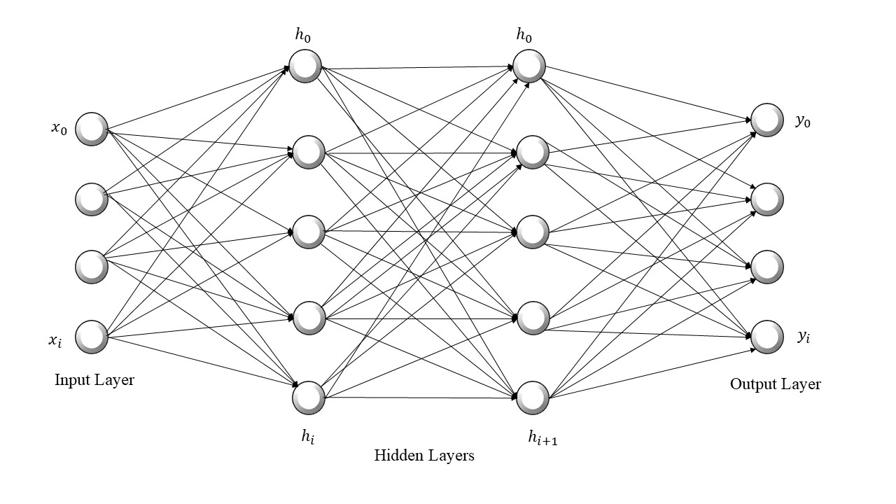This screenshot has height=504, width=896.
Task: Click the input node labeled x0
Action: (x=91, y=129)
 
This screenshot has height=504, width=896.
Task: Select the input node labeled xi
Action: (x=91, y=336)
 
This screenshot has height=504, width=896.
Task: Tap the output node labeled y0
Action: (x=766, y=120)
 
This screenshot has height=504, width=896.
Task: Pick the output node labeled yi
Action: (x=766, y=337)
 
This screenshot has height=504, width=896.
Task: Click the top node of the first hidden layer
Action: (x=305, y=66)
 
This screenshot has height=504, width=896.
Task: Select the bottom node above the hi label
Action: (x=308, y=398)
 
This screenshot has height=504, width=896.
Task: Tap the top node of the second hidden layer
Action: (x=528, y=65)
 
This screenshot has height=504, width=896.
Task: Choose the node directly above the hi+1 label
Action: (x=532, y=398)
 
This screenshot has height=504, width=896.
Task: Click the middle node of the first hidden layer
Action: (x=308, y=232)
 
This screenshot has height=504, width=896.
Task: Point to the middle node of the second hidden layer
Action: (x=532, y=232)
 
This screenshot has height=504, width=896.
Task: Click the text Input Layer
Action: (x=94, y=380)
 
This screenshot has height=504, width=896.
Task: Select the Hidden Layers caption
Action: (x=424, y=456)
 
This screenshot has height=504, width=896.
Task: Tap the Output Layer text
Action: (x=775, y=384)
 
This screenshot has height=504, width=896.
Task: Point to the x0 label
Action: (x=59, y=129)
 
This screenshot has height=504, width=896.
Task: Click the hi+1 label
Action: (x=542, y=438)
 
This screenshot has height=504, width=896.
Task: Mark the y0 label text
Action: (x=803, y=121)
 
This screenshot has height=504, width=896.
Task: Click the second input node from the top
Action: (x=91, y=199)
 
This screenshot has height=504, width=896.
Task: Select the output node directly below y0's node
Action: (x=766, y=199)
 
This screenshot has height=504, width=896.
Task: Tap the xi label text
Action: (x=55, y=340)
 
